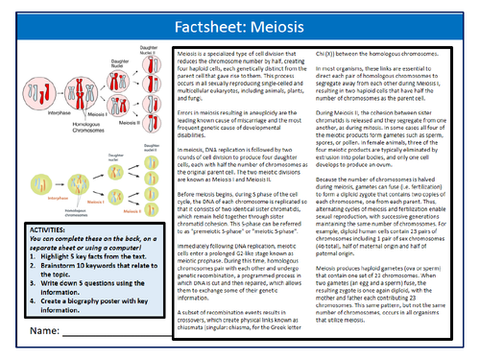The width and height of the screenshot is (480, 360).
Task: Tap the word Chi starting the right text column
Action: (333, 55)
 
